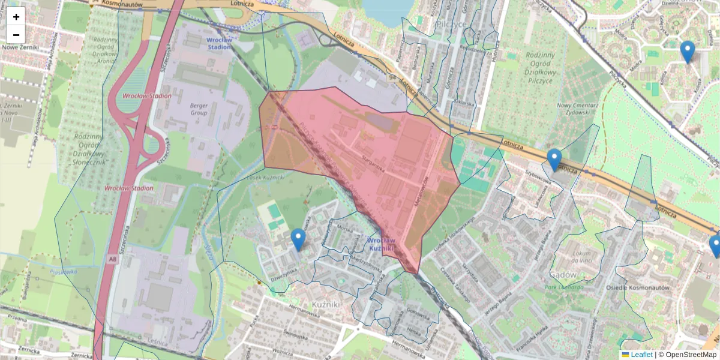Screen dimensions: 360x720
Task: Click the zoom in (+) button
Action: [16, 17]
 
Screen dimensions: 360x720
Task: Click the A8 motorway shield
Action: [113, 259]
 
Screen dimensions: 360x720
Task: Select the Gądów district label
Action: [562, 274]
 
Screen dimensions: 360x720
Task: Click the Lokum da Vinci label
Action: [583, 257]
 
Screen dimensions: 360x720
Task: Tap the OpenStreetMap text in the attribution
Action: [691, 355]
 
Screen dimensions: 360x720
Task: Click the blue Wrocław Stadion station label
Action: [223, 43]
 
